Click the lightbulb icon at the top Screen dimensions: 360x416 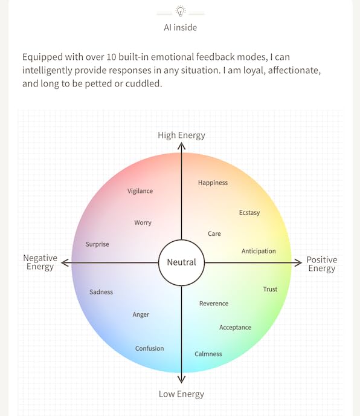180,11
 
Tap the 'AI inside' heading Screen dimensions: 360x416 180,28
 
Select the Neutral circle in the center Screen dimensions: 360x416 181,262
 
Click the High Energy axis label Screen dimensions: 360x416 181,135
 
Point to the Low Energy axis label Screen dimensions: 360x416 181,394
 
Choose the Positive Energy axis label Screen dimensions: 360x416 322,264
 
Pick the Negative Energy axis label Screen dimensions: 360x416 40,262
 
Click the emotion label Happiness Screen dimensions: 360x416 213,183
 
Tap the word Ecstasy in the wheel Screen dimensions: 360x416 249,213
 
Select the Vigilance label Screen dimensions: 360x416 140,191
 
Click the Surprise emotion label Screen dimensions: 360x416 97,244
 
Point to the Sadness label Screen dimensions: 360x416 101,292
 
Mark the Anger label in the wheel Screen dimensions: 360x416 141,314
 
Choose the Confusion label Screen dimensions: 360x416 150,348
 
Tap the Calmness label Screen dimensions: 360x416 208,354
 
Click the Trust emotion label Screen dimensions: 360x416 270,289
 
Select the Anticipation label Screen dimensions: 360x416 259,252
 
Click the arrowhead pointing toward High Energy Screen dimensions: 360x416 181,146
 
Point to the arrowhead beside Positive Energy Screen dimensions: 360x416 298,262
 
